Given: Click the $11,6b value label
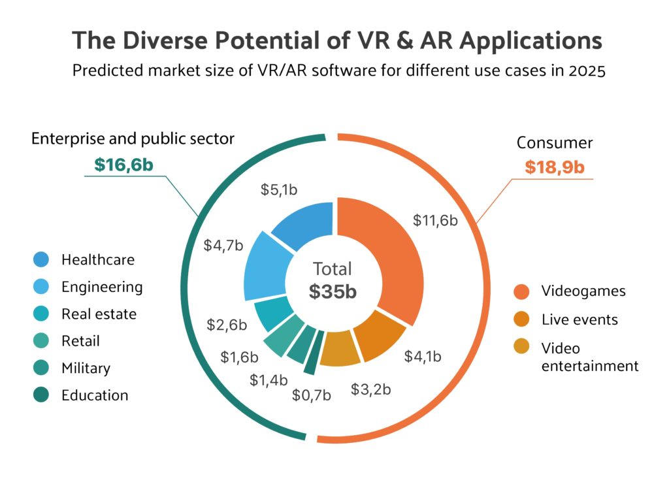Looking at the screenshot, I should [435, 220].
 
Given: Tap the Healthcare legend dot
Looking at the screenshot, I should [41, 259].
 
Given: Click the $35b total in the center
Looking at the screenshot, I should [333, 291].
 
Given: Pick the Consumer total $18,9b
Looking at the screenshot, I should [555, 167].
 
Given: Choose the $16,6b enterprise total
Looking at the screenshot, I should [123, 165].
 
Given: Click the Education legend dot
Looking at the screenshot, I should [41, 395].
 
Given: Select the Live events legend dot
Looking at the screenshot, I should [521, 319].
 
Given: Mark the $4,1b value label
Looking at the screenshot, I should [423, 357].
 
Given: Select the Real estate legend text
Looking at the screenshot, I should [99, 314].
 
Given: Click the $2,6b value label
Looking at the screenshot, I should [227, 325].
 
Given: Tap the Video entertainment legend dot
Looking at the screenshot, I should [521, 348].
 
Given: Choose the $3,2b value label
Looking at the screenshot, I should [371, 390].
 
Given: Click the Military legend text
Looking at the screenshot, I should [86, 368].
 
